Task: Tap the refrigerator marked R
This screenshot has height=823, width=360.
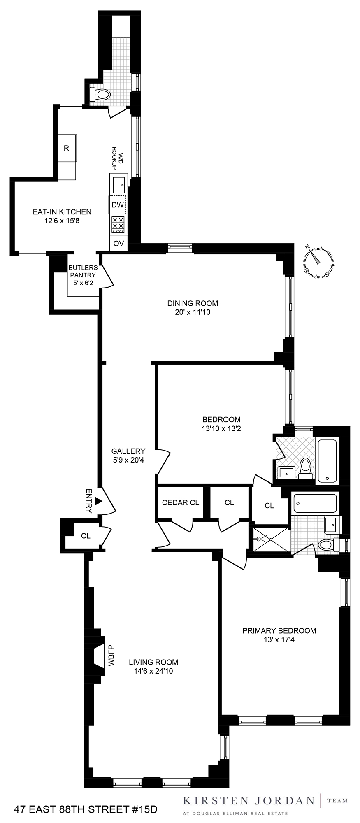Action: [x=67, y=148]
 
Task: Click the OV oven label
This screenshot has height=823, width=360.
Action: [x=118, y=243]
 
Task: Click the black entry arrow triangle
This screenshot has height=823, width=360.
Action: [x=98, y=501]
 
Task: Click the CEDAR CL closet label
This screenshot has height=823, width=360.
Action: [x=180, y=502]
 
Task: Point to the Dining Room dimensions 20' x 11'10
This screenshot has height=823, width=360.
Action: [x=192, y=312]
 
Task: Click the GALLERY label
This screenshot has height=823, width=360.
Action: [x=128, y=451]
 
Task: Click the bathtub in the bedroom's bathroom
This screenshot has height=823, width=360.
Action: [x=327, y=460]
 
